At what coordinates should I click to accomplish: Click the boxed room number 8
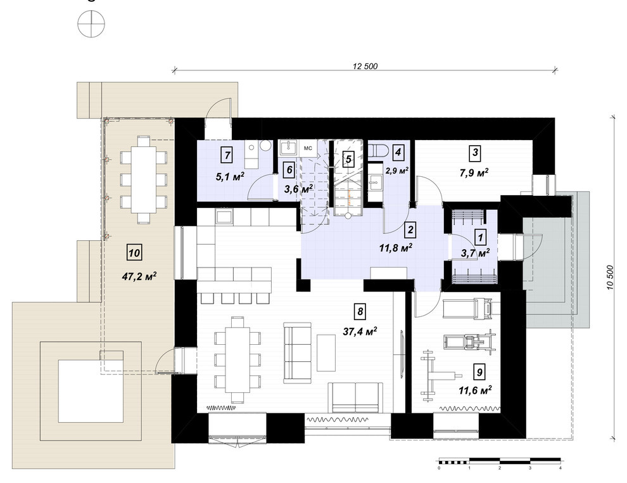pyautogui.click(x=360, y=311)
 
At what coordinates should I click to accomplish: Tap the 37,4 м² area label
pyautogui.click(x=360, y=332)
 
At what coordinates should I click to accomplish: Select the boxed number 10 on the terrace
pyautogui.click(x=134, y=253)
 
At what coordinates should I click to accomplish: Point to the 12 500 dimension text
pyautogui.click(x=365, y=67)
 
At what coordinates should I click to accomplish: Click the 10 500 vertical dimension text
pyautogui.click(x=610, y=278)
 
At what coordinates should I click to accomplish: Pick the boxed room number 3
pyautogui.click(x=474, y=153)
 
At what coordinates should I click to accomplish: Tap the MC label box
pyautogui.click(x=308, y=148)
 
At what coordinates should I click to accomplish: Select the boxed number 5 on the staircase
pyautogui.click(x=348, y=159)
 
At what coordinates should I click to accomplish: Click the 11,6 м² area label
pyautogui.click(x=475, y=390)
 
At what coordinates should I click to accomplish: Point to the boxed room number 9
pyautogui.click(x=479, y=372)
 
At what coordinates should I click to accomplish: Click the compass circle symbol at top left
pyautogui.click(x=91, y=25)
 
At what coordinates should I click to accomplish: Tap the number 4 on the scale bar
pyautogui.click(x=560, y=468)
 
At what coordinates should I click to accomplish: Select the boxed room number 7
pyautogui.click(x=227, y=155)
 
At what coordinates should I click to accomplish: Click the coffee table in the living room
pyautogui.click(x=326, y=353)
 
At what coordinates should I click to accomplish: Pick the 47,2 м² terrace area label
pyautogui.click(x=139, y=276)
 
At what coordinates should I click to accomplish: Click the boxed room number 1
pyautogui.click(x=480, y=237)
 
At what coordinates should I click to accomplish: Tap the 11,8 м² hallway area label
pyautogui.click(x=396, y=248)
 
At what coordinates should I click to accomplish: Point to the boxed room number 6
pyautogui.click(x=289, y=170)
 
